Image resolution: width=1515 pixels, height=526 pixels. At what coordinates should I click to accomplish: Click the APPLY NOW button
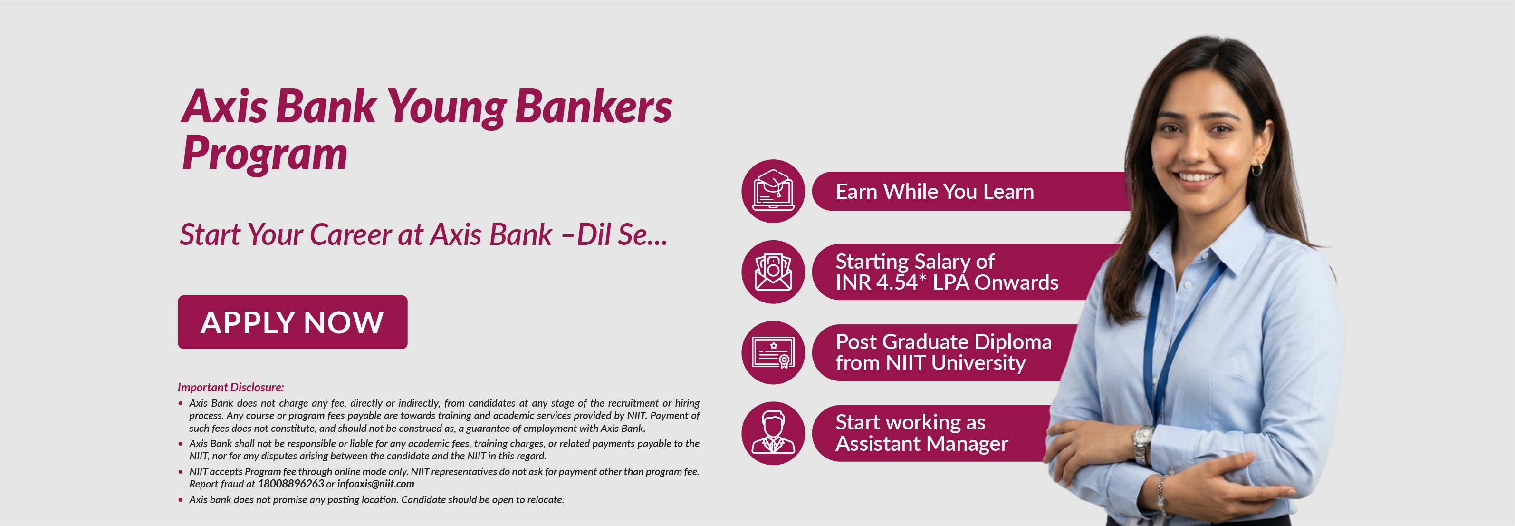292,322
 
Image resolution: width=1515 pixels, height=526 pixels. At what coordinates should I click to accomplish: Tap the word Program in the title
265,153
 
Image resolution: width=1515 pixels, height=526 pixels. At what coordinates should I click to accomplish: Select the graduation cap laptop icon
773,191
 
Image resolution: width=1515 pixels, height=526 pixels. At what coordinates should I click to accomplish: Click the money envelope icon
773,272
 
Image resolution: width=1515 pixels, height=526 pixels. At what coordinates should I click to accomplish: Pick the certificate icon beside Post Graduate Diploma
773,352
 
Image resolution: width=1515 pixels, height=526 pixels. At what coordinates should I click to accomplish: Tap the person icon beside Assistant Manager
773,433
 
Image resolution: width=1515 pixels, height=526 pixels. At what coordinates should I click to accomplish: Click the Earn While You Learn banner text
935,192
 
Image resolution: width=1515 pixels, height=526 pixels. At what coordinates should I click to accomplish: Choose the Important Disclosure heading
230,387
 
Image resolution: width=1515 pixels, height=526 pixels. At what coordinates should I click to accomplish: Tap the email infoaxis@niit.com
376,484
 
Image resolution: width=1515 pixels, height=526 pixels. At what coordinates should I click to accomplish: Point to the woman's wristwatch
1143,442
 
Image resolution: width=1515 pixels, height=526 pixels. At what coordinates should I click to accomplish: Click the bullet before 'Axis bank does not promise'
181,499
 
